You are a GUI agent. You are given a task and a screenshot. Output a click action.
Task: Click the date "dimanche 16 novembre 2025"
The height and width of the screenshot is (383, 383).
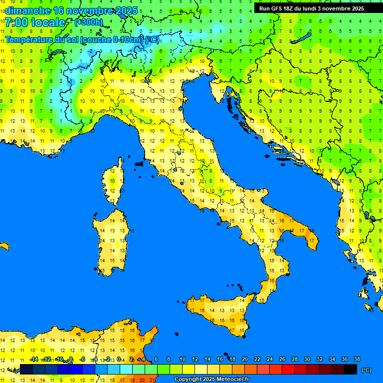click(x=64, y=10)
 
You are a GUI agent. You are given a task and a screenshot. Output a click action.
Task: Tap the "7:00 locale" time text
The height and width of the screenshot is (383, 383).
click(x=35, y=22)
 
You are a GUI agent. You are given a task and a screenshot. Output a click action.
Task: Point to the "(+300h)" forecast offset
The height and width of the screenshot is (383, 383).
click(x=89, y=22)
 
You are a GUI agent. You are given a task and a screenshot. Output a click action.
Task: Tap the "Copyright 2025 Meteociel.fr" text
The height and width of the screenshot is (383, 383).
click(x=211, y=380)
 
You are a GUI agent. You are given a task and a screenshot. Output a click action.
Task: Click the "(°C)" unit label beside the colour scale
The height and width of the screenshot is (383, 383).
click(x=366, y=370)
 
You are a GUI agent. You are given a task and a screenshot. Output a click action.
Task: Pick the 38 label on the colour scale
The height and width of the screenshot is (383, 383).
click(x=357, y=360)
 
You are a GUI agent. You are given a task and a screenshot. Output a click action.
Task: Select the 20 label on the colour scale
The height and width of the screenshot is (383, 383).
click(x=245, y=360)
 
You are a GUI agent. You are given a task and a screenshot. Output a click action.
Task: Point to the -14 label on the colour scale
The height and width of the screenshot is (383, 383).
click(x=34, y=360)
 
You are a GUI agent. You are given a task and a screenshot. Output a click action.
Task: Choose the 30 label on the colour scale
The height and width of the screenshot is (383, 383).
click(x=307, y=360)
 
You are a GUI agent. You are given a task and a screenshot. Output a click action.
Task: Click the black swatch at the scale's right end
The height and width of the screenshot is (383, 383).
click(x=351, y=370)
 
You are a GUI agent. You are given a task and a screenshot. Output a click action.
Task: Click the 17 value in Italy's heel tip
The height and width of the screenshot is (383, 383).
click(x=312, y=240)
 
